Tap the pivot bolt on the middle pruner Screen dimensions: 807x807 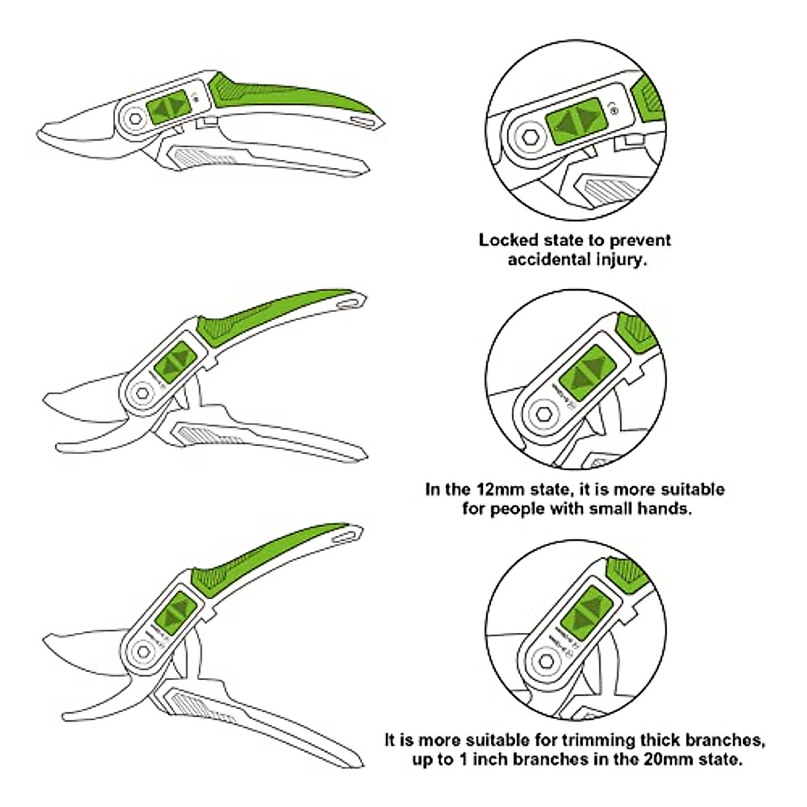pyautogui.click(x=143, y=393)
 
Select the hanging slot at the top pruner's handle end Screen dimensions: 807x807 pyautogui.click(x=364, y=121)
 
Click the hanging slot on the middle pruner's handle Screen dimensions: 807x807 pyautogui.click(x=348, y=305)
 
